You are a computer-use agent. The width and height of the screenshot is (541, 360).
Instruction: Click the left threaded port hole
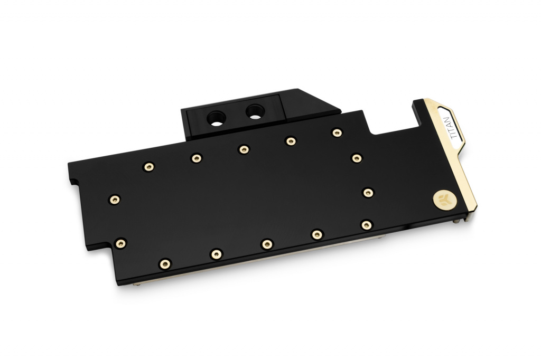click(216, 119)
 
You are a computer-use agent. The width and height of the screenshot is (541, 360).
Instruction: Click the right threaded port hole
click(255, 112)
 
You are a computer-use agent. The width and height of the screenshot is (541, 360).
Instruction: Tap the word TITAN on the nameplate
click(454, 128)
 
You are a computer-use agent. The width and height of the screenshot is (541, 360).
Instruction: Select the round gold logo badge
click(445, 200)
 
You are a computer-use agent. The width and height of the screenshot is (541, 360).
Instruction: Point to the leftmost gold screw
click(115, 200)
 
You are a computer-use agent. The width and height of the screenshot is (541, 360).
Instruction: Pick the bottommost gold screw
click(165, 264)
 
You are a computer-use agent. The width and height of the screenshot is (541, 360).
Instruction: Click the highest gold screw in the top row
click(337, 132)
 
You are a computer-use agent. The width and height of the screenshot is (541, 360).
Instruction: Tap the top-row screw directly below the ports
click(244, 149)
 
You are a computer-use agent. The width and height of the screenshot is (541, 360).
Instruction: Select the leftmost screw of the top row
click(148, 167)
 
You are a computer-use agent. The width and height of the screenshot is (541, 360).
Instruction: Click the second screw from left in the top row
click(197, 158)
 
